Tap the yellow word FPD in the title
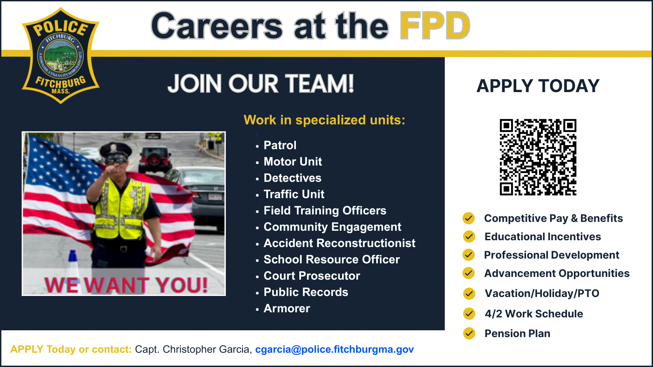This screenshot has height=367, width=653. [435, 26]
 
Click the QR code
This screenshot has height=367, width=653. [538, 157]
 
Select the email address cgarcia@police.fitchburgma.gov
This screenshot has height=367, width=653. [334, 349]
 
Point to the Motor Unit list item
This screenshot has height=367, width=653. [292, 162]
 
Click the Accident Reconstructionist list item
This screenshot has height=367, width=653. [339, 243]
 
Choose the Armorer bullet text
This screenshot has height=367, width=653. [286, 309]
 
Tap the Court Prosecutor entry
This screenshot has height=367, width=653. [312, 276]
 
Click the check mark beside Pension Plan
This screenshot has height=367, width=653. [469, 333]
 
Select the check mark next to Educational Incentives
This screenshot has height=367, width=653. [469, 237]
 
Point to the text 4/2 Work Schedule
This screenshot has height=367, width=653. [534, 314]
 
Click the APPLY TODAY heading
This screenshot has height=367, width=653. [538, 86]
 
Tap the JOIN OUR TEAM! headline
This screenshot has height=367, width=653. [261, 84]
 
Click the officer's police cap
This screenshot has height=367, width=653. [115, 149]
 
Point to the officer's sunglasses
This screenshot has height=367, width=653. [117, 160]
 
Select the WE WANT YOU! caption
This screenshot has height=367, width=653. [126, 285]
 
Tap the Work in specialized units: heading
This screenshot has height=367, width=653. [324, 120]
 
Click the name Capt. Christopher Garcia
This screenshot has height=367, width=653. [193, 349]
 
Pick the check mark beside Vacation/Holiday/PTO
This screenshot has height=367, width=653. [469, 293]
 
